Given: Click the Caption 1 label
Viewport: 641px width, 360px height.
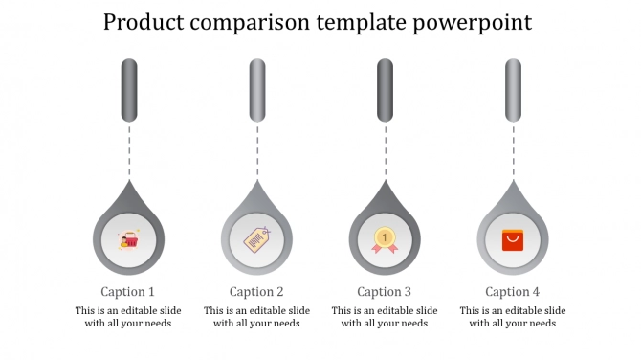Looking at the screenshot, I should tap(128, 292).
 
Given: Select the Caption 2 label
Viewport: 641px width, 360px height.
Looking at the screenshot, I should tap(256, 292).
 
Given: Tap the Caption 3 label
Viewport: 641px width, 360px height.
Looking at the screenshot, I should tap(385, 292).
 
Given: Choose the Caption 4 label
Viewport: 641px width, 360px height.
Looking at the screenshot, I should tap(513, 292).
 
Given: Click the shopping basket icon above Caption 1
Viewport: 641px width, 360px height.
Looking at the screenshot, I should tap(128, 239).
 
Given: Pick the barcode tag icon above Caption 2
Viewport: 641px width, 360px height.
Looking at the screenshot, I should tap(256, 239).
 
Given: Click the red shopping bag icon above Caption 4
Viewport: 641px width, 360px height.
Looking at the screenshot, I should tap(513, 239).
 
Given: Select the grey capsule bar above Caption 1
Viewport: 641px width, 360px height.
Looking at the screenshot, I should tap(129, 90).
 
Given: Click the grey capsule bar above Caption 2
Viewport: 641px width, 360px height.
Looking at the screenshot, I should tap(257, 90).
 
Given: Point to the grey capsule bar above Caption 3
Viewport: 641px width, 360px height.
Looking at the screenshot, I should tap(385, 90).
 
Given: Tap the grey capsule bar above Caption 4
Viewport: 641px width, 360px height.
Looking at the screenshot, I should tap(513, 90).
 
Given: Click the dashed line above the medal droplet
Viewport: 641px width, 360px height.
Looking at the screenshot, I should tap(385, 150).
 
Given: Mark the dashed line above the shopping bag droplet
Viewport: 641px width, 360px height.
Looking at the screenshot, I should tap(513, 150).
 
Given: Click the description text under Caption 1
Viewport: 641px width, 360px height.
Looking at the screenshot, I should tap(128, 317).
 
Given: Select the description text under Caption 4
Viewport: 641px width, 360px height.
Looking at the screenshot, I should tap(513, 317).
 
